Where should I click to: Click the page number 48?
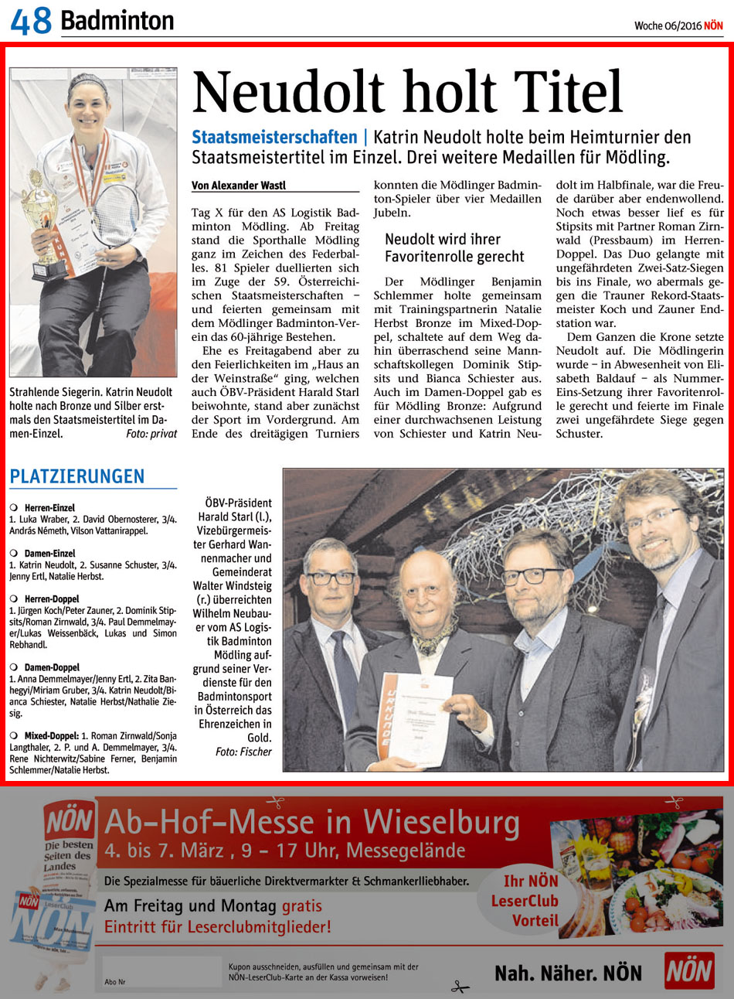tap(31, 22)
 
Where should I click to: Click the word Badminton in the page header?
tap(117, 21)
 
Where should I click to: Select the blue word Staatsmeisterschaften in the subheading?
tap(274, 138)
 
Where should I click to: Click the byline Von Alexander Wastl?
tap(239, 186)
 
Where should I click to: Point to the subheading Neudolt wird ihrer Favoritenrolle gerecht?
tap(454, 247)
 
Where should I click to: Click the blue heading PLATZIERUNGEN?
tap(77, 476)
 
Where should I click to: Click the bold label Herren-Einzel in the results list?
tap(49, 508)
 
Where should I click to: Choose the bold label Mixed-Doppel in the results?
tap(51, 736)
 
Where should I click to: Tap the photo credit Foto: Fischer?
tap(243, 752)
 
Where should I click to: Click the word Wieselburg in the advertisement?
tap(441, 821)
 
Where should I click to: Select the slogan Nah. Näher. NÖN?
tap(568, 973)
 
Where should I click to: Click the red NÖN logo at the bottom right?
tap(689, 971)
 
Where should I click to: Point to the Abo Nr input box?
tap(162, 971)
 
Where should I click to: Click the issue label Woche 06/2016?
tap(668, 26)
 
